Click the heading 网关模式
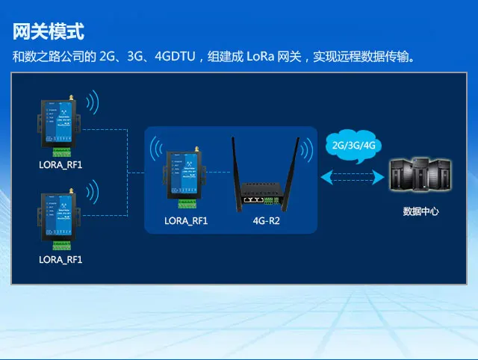click(x=49, y=32)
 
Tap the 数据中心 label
click(x=420, y=211)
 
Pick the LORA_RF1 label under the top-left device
click(x=60, y=162)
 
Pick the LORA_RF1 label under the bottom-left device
click(x=60, y=259)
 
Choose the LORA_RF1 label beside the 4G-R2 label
click(x=186, y=221)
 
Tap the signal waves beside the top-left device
click(x=93, y=105)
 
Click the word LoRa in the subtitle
click(x=258, y=57)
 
